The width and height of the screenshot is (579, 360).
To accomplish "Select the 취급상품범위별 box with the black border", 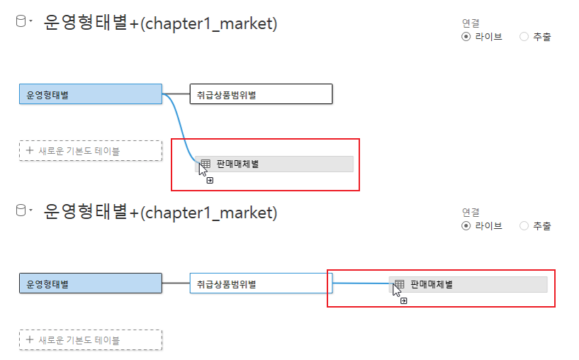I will click(x=261, y=94).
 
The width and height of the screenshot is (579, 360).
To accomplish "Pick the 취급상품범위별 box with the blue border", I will click(x=261, y=283).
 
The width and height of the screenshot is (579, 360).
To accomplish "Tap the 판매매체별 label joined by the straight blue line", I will click(x=432, y=284).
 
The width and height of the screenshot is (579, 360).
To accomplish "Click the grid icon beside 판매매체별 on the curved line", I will click(x=206, y=164).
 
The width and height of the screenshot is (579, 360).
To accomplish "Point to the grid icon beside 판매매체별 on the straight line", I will click(x=400, y=284).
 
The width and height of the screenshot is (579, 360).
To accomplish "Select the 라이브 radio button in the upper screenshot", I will click(x=466, y=37).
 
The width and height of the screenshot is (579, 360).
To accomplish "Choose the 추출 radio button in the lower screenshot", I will click(x=524, y=226).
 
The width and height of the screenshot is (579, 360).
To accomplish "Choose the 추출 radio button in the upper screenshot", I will click(x=524, y=37).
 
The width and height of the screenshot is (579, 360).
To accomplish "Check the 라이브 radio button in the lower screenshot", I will click(x=466, y=226).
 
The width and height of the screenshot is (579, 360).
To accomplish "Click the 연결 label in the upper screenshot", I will click(x=471, y=23).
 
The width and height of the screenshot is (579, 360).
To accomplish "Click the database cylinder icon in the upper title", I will click(x=21, y=22).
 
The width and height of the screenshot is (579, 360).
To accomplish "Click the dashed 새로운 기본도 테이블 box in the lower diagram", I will click(x=91, y=340).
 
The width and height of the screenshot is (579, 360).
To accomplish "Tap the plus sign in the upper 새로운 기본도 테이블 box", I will click(x=29, y=150).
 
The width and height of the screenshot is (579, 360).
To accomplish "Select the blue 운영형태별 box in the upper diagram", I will click(x=91, y=94).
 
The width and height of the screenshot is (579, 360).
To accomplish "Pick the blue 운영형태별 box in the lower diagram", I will click(x=91, y=283).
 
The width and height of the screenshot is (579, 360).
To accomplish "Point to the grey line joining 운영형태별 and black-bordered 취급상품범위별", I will click(x=176, y=94).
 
